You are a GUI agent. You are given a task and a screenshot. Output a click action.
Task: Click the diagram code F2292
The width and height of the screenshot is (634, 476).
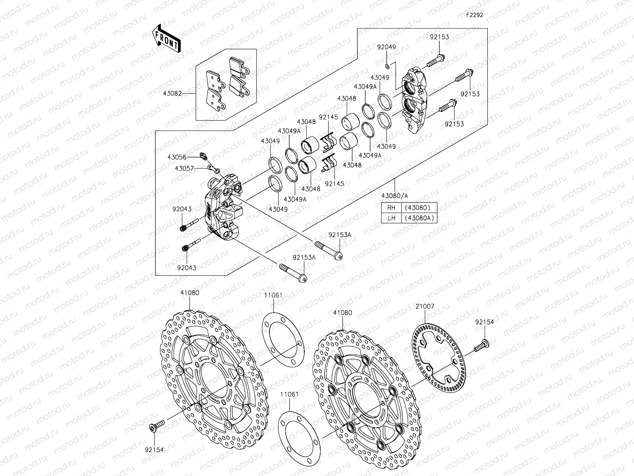click(474, 15)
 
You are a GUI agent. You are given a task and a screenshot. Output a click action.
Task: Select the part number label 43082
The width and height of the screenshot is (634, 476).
click(183, 94)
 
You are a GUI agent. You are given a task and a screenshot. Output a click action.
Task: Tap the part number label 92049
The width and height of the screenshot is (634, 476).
click(386, 47)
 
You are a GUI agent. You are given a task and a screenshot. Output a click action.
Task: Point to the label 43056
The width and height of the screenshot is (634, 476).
click(177, 157)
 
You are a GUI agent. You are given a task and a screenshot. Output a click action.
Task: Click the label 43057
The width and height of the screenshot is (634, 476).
click(184, 168)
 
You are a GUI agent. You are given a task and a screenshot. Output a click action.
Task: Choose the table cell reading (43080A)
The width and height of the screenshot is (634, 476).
click(419, 218)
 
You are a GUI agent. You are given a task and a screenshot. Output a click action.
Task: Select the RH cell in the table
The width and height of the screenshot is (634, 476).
click(391, 207)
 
